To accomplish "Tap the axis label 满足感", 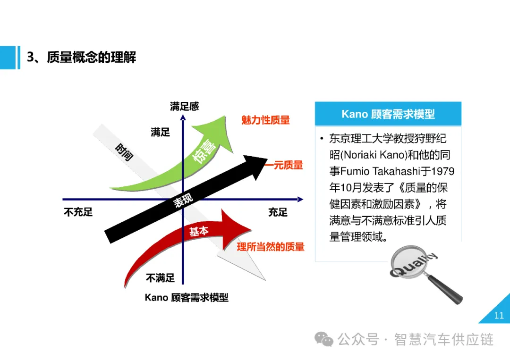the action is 184,106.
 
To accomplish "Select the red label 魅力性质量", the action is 265,120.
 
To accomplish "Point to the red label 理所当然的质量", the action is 271,247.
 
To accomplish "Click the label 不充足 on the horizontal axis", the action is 78,212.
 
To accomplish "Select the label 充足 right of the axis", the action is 278,212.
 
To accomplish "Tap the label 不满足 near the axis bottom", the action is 160,278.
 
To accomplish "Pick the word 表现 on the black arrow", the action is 184,201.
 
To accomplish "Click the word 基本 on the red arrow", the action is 199,231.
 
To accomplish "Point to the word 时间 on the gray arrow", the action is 124,151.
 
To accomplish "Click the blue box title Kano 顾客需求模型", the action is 388,114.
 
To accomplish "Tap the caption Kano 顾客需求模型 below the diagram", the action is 187,297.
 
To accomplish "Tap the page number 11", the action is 499,316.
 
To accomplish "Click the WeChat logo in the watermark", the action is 324,338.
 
